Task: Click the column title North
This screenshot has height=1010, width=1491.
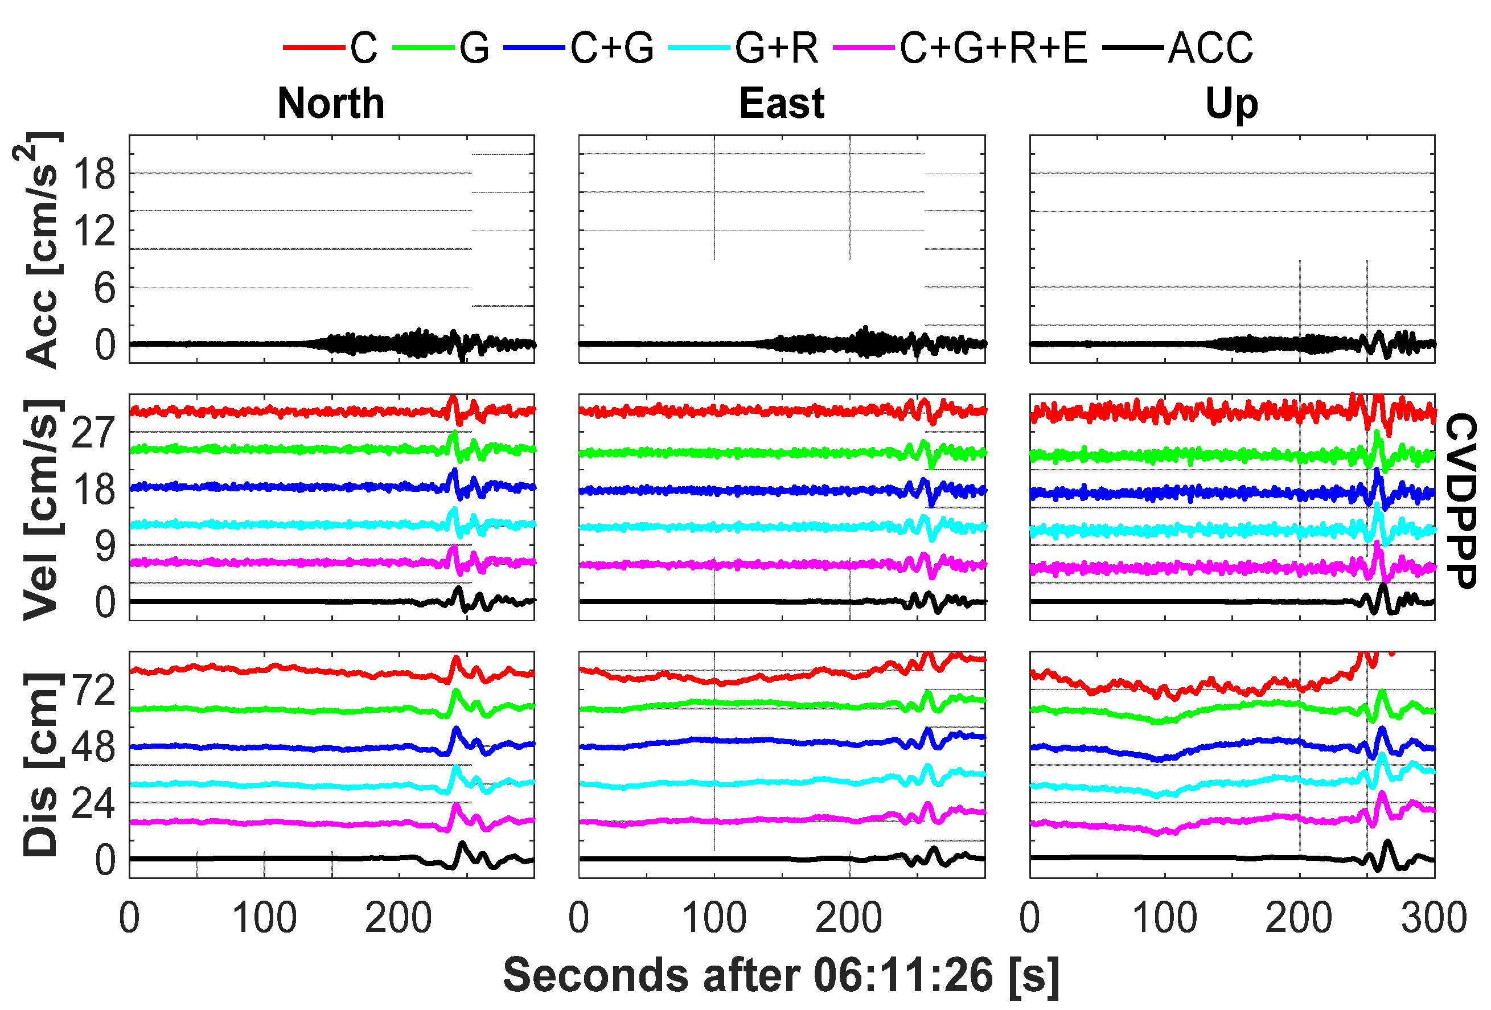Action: [330, 104]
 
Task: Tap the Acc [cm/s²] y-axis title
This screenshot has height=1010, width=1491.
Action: [39, 251]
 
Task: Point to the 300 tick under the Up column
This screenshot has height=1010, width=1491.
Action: [1434, 918]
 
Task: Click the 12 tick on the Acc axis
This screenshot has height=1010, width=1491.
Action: [95, 231]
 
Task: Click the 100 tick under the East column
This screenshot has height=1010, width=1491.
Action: [713, 918]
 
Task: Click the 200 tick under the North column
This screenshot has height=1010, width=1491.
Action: [398, 918]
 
